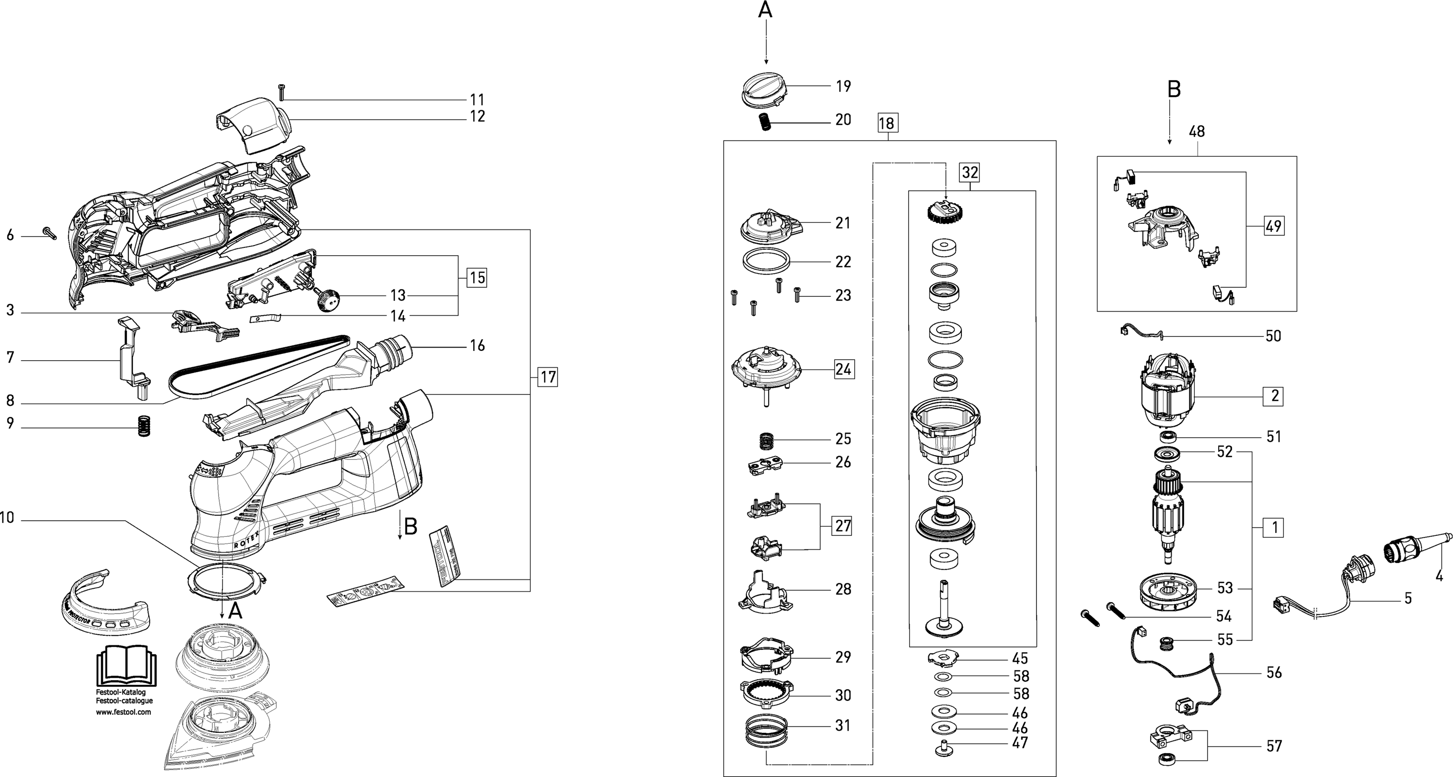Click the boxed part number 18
(887, 123)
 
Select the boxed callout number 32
(970, 172)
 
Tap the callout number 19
(843, 86)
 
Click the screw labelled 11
(281, 92)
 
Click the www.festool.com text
(124, 712)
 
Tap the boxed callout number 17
(548, 377)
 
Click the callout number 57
(1274, 746)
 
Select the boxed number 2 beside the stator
(1275, 396)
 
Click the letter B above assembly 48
(1174, 89)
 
